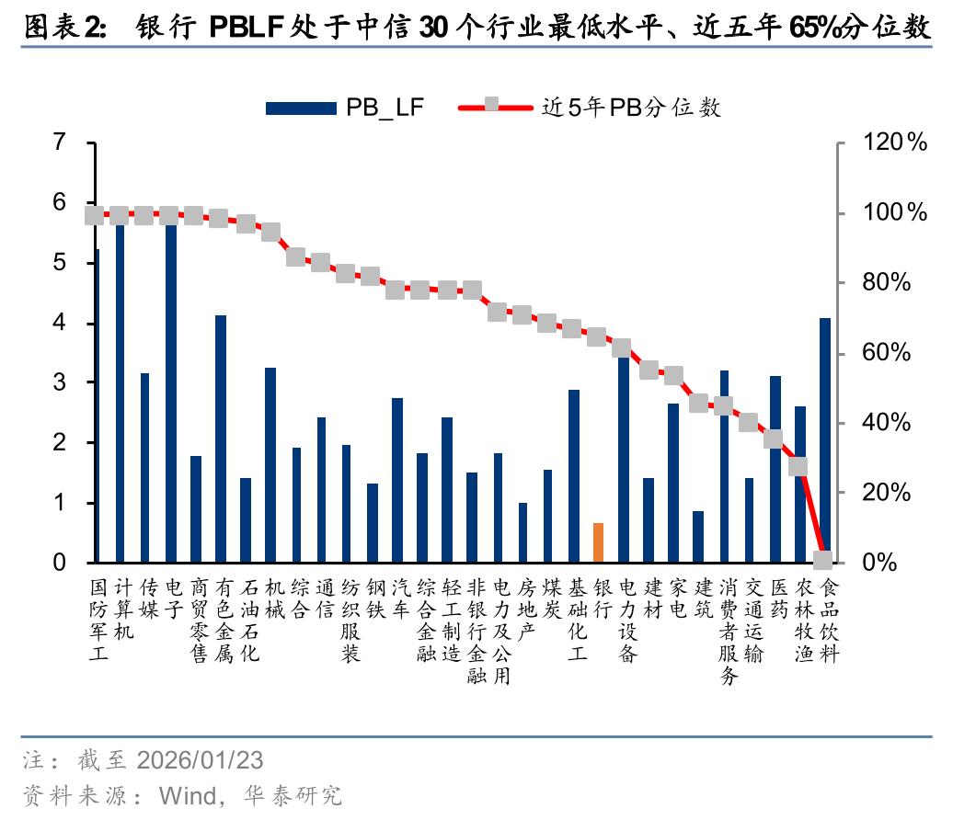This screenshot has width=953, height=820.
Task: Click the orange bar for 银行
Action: pos(599,542)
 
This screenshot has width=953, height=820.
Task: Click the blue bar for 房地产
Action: pos(523,532)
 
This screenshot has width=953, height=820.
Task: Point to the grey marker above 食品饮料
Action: pos(824,560)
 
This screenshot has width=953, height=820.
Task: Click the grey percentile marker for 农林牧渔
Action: pos(798,467)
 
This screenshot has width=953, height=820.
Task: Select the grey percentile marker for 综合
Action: pos(296,256)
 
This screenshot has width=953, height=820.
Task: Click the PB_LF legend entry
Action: pos(345,108)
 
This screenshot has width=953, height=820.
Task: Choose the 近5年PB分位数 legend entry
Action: pos(589,108)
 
